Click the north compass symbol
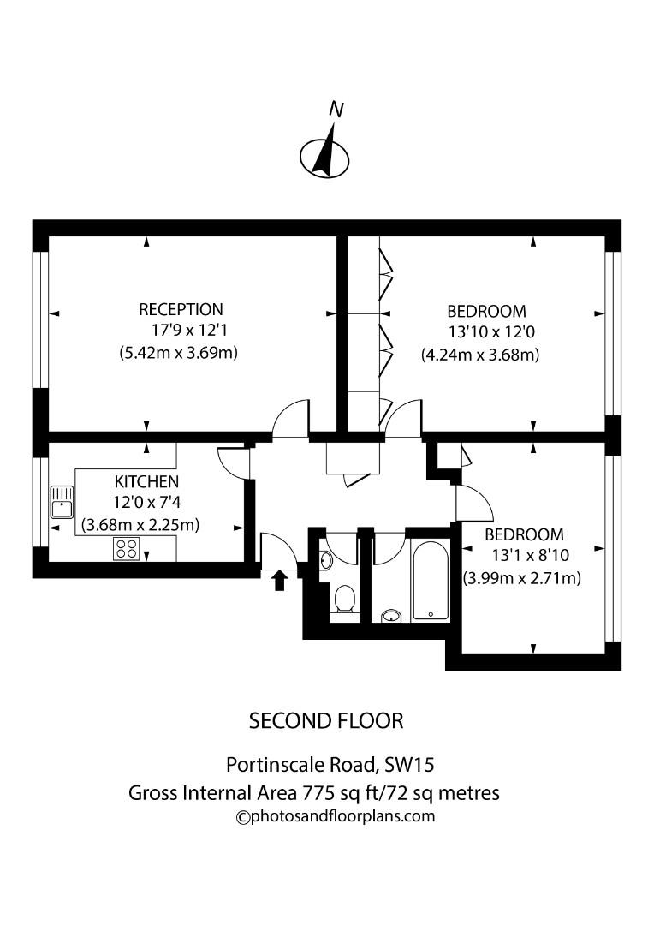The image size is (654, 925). pyautogui.click(x=324, y=156)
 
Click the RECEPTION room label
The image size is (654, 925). pyautogui.click(x=181, y=309)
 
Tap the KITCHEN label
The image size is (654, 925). pyautogui.click(x=146, y=481)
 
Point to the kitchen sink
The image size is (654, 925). pyautogui.click(x=62, y=503)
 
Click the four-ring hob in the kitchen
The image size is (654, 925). pyautogui.click(x=127, y=548)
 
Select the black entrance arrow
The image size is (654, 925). pyautogui.click(x=278, y=581)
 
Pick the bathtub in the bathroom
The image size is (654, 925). pyautogui.click(x=429, y=579)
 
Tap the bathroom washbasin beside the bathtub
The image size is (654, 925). pyautogui.click(x=391, y=614)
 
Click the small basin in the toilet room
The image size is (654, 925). pyautogui.click(x=326, y=561)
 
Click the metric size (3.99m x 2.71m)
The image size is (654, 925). pyautogui.click(x=521, y=578)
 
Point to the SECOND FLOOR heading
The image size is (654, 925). pyautogui.click(x=325, y=720)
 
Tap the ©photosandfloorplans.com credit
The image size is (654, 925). pyautogui.click(x=336, y=816)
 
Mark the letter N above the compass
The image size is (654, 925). pyautogui.click(x=336, y=110)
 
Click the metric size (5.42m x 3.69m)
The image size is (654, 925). pyautogui.click(x=178, y=352)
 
